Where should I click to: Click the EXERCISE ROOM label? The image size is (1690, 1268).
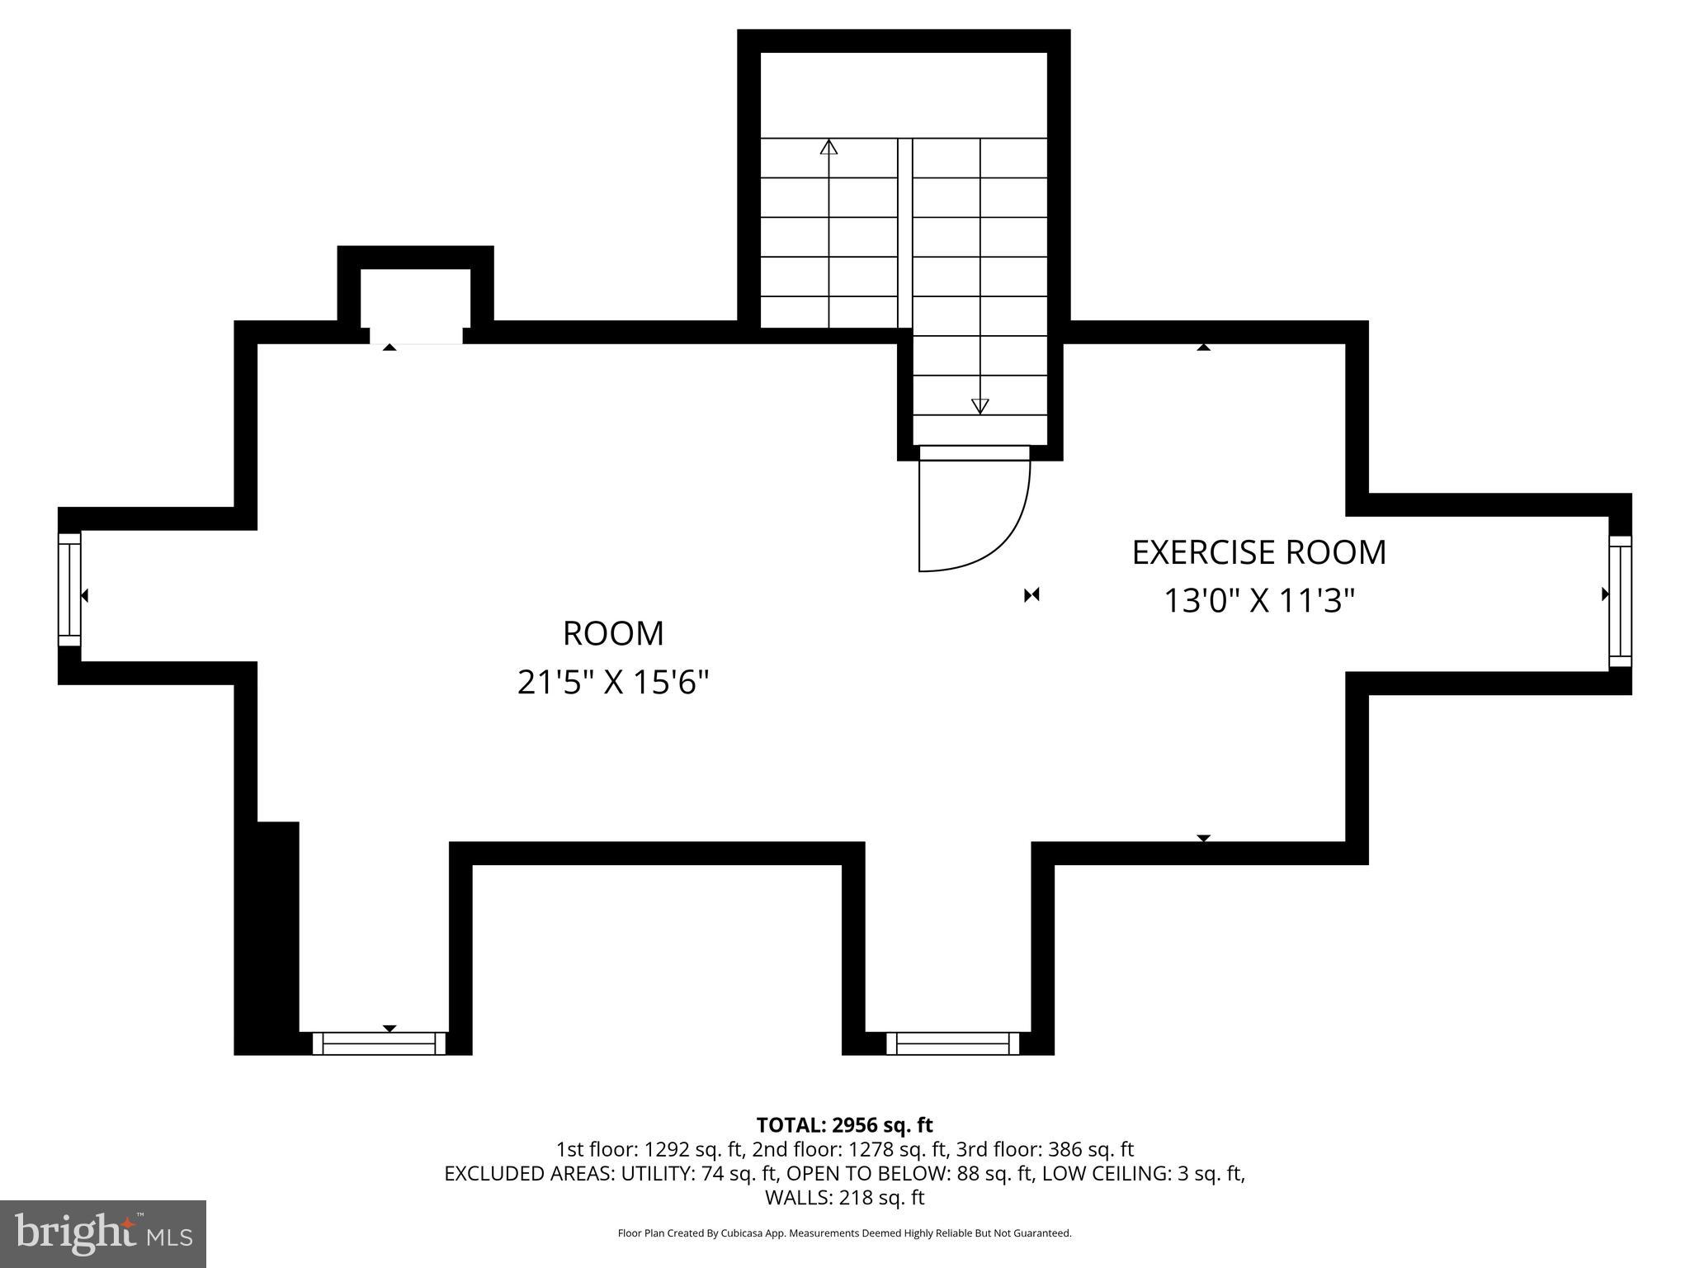(x=1258, y=552)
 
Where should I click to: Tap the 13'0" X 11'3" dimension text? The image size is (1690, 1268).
(x=1259, y=601)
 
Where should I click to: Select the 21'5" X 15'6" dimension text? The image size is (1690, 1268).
(x=613, y=683)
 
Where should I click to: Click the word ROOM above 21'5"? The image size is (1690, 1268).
(x=613, y=634)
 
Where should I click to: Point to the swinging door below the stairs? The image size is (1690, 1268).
(x=970, y=512)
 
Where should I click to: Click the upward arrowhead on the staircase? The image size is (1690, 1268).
(x=828, y=148)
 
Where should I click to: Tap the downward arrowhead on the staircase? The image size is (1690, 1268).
(x=980, y=405)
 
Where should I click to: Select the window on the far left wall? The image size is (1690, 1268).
(x=69, y=589)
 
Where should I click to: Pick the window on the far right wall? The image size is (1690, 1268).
(x=1620, y=601)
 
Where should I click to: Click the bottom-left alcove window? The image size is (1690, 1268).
(x=379, y=1043)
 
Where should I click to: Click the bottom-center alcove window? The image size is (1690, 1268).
(x=952, y=1043)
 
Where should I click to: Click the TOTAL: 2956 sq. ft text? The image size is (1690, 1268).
(x=844, y=1124)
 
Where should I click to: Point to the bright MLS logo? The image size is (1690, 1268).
(x=103, y=1233)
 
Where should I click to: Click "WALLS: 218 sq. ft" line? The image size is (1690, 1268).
(x=844, y=1197)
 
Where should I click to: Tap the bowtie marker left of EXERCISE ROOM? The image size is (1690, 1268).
(x=1031, y=595)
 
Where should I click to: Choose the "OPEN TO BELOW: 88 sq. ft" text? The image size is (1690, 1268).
(x=909, y=1173)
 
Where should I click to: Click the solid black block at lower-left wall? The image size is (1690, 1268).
(x=267, y=937)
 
